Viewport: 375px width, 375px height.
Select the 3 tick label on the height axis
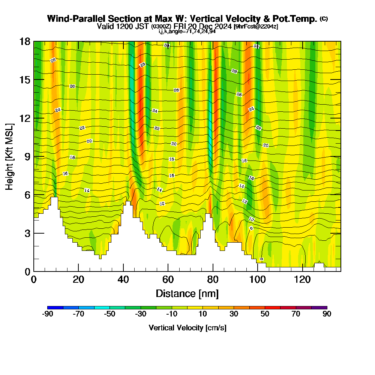[x=27, y=233]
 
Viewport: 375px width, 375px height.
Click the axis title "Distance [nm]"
[x=187, y=293]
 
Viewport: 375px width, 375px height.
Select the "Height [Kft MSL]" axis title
[x=10, y=156]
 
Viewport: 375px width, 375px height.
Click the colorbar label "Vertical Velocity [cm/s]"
[x=187, y=328]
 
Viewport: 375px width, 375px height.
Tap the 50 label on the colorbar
[x=265, y=314]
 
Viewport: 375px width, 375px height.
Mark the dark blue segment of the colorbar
[x=55, y=307]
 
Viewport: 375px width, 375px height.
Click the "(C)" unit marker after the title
[x=324, y=19]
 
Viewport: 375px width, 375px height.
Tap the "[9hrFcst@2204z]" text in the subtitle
[x=255, y=27]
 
